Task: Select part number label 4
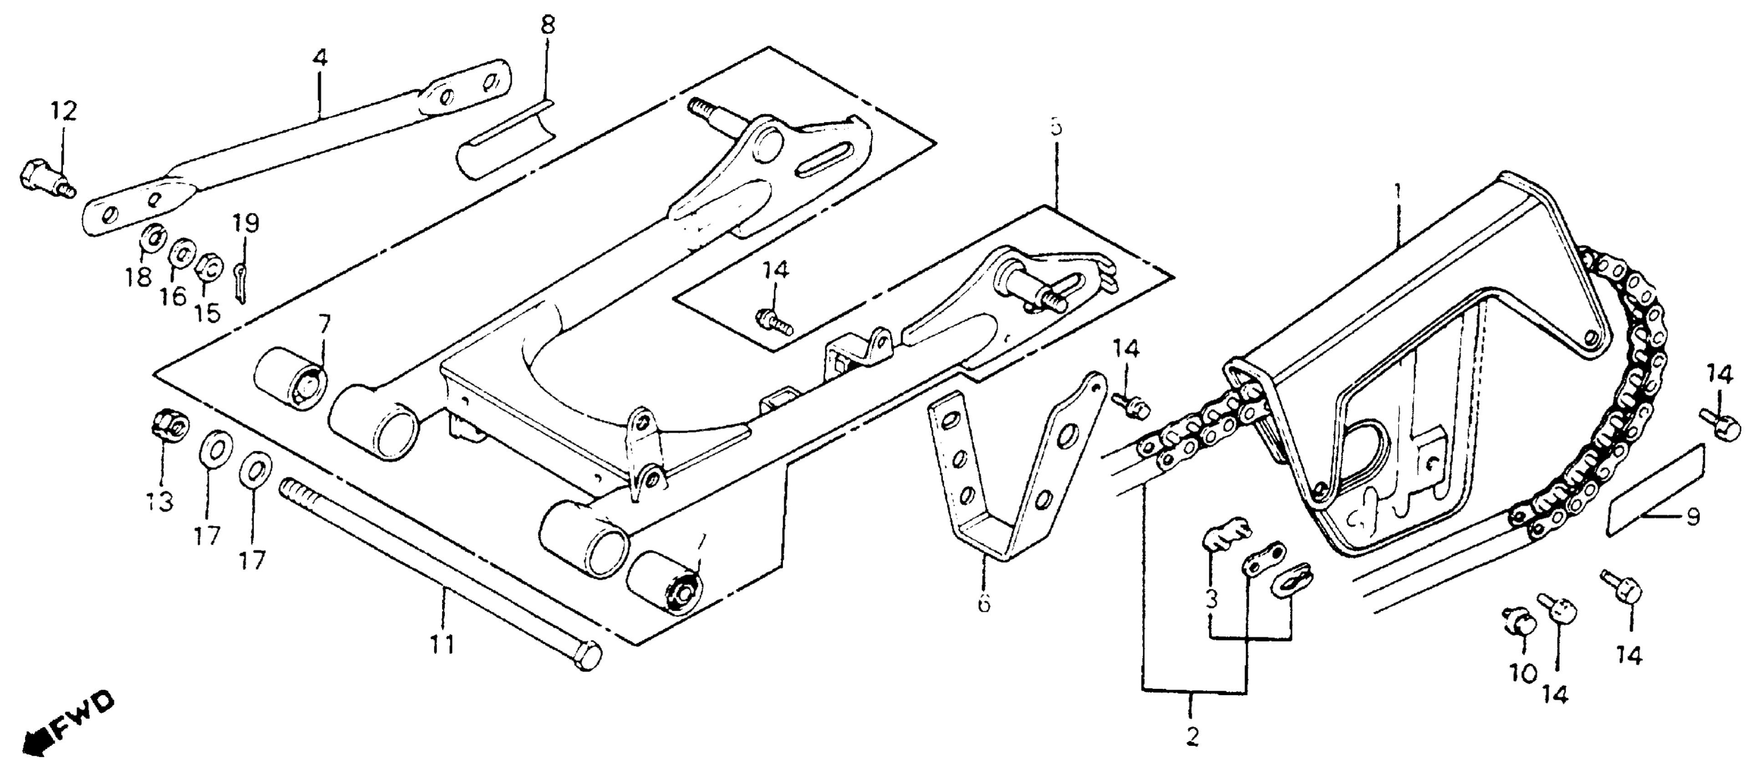(320, 57)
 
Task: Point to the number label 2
(1192, 736)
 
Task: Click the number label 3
(1211, 600)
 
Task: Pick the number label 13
(160, 501)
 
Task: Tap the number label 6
(984, 603)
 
